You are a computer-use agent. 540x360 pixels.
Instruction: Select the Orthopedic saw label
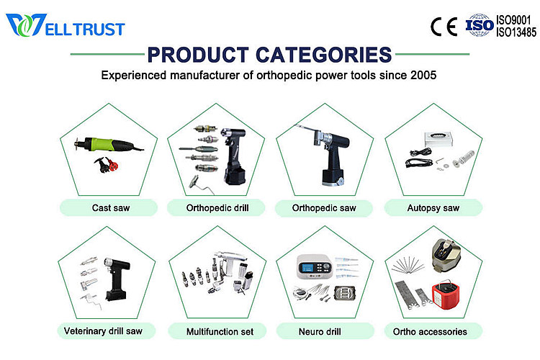[x=324, y=208]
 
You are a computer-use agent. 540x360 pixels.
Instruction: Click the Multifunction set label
[x=215, y=331]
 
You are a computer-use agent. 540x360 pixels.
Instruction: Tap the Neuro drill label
[x=324, y=331]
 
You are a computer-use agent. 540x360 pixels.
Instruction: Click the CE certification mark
[x=444, y=26]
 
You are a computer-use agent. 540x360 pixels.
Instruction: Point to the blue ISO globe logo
[x=479, y=25]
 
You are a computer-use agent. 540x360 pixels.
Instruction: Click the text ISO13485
[x=516, y=32]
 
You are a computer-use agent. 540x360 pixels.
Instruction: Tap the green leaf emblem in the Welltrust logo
[x=21, y=26]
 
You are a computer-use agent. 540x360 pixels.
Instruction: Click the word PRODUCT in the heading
[x=189, y=55]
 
